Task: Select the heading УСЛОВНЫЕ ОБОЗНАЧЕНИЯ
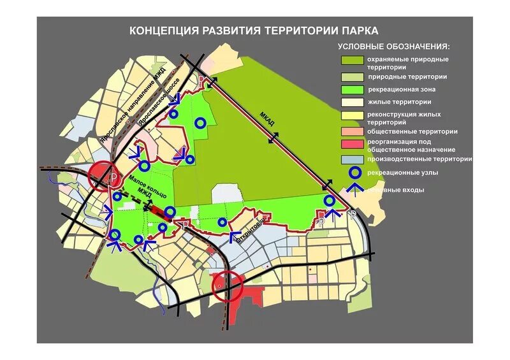click(x=393, y=47)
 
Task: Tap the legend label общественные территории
click(x=412, y=131)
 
